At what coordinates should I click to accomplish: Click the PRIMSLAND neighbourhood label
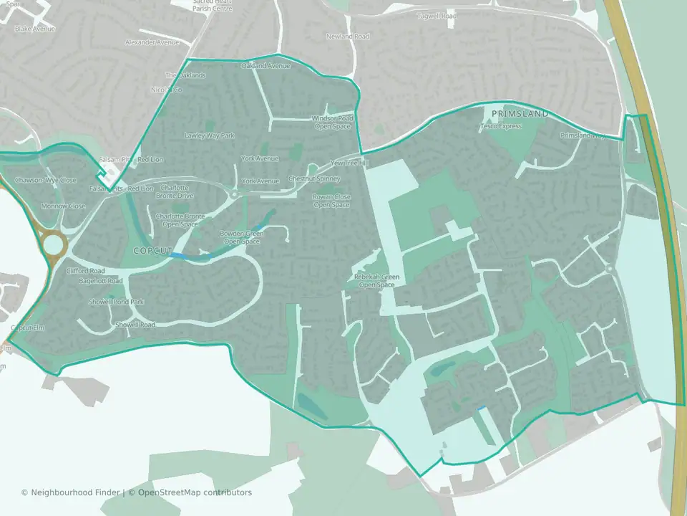(x=520, y=114)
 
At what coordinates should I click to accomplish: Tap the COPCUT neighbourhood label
(x=153, y=251)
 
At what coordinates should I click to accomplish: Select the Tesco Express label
(x=501, y=126)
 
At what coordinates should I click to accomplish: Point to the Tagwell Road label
(x=437, y=16)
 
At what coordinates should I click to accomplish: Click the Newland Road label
(x=348, y=37)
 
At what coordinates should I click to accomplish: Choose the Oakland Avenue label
(x=265, y=66)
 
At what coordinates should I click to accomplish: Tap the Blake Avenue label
(x=34, y=29)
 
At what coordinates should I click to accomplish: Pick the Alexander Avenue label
(x=151, y=43)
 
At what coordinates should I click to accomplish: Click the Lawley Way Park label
(x=210, y=135)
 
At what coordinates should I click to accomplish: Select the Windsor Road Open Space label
(x=333, y=123)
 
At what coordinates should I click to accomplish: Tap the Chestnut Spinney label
(x=313, y=178)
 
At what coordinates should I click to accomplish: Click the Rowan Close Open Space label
(x=331, y=201)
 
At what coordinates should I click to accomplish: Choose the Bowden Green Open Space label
(x=241, y=237)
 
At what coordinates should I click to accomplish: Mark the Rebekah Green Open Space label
(x=376, y=281)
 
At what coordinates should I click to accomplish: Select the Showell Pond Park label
(x=116, y=302)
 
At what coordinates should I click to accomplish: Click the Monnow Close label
(x=63, y=206)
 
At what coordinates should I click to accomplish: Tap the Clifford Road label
(x=86, y=271)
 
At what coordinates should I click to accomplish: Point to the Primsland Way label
(x=583, y=135)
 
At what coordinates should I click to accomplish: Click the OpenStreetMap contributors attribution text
(x=195, y=493)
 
